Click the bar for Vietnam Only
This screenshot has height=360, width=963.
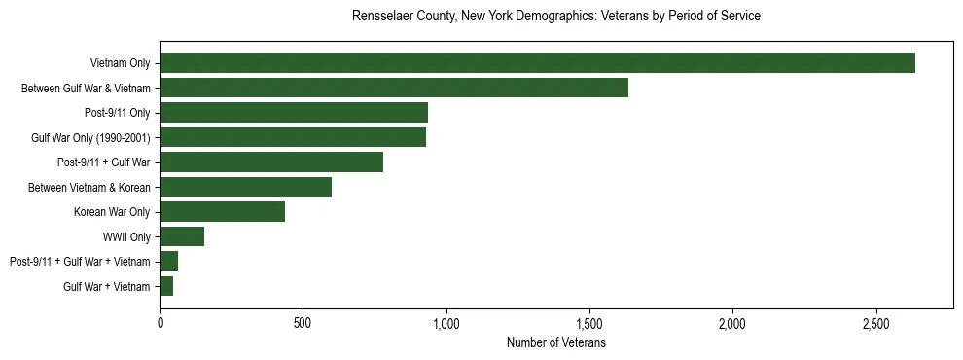537,63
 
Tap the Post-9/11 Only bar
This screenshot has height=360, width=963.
294,113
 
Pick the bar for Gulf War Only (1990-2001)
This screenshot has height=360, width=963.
293,137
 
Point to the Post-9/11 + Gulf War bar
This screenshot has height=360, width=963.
271,162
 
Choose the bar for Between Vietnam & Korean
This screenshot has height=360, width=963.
246,187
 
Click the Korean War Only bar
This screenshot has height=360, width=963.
223,212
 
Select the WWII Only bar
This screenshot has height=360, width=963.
182,236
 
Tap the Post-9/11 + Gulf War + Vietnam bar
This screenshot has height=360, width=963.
169,262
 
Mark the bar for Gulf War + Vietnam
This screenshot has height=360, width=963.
166,286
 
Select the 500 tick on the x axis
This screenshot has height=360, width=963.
303,323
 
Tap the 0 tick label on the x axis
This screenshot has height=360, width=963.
160,323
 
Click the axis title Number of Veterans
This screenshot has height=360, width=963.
556,343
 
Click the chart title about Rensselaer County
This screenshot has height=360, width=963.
556,17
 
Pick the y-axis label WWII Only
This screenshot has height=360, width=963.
126,236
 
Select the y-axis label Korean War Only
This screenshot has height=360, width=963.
112,212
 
